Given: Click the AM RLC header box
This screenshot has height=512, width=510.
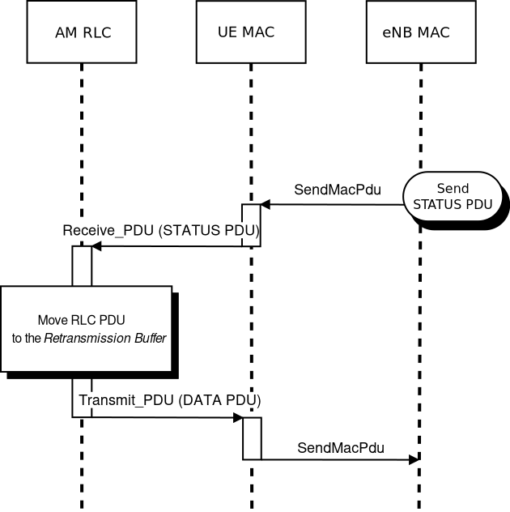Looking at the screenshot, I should pyautogui.click(x=82, y=33).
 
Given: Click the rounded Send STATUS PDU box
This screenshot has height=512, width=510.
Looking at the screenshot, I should pyautogui.click(x=452, y=197).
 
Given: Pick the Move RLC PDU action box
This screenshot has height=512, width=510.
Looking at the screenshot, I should pyautogui.click(x=87, y=328).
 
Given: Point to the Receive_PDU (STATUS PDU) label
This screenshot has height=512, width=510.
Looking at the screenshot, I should pyautogui.click(x=161, y=231).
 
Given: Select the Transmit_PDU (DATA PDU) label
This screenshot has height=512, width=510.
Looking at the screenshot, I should pyautogui.click(x=169, y=400).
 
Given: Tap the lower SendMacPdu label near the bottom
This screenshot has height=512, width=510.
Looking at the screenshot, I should pyautogui.click(x=341, y=447).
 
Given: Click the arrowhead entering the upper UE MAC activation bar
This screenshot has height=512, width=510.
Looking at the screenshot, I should pyautogui.click(x=265, y=205).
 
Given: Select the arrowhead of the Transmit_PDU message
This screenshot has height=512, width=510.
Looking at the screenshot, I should pyautogui.click(x=238, y=418).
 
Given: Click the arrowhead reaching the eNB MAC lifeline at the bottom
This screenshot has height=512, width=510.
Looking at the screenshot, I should pyautogui.click(x=414, y=459).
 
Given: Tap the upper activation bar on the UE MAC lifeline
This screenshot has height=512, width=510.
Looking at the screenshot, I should pyautogui.click(x=252, y=224).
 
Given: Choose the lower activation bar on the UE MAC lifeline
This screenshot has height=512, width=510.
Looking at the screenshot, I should pyautogui.click(x=252, y=438).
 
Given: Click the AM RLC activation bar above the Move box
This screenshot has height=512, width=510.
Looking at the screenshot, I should pyautogui.click(x=82, y=265).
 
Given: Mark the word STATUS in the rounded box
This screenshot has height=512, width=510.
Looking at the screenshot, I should pyautogui.click(x=436, y=204).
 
